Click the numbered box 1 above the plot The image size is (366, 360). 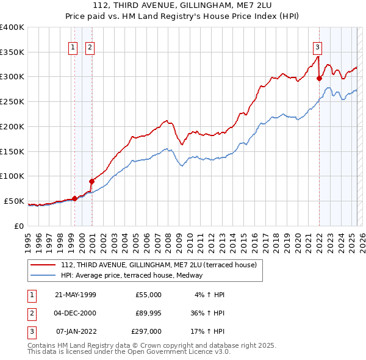[x=73, y=47]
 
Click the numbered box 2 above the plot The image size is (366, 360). [x=90, y=47]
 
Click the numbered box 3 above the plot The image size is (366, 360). [x=318, y=47]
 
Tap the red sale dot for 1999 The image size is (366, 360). [x=74, y=198]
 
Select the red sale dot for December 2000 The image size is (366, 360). [x=91, y=181]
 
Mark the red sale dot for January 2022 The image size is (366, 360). [x=319, y=77]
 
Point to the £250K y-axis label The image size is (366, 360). [x=12, y=101]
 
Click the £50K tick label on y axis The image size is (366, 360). [x=14, y=201]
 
